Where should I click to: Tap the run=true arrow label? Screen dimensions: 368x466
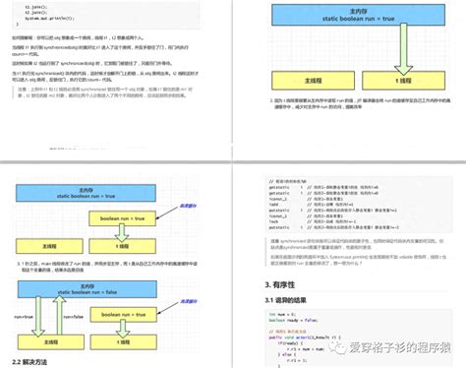pos(23,318)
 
